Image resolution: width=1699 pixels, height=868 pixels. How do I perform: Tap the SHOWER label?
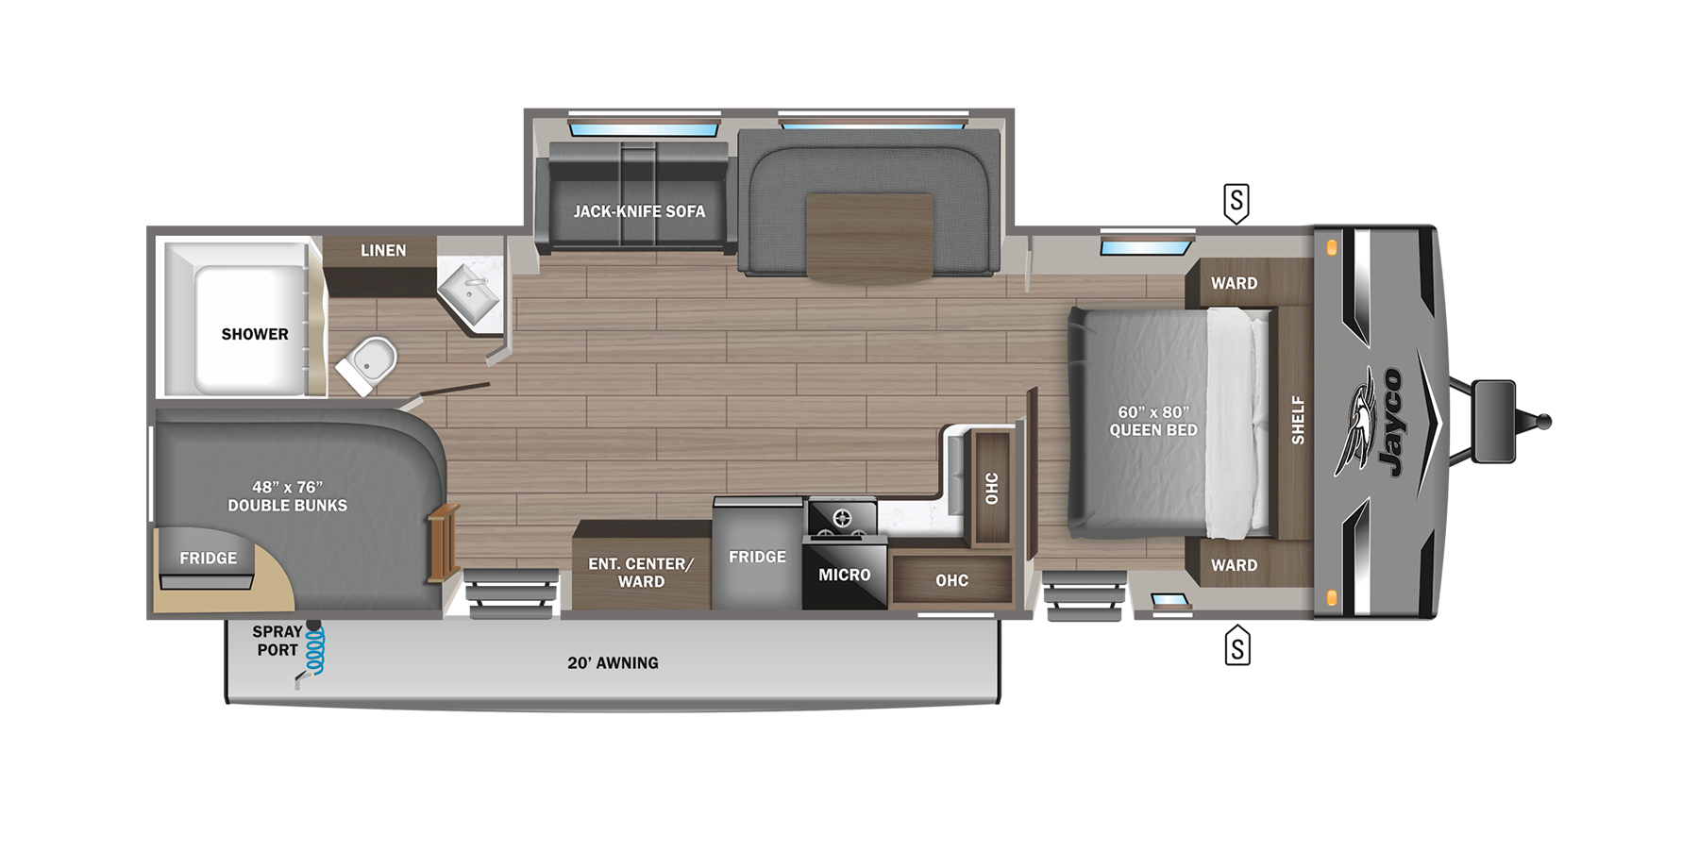[x=255, y=334]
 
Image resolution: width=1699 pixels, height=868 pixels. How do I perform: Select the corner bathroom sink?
[x=470, y=294]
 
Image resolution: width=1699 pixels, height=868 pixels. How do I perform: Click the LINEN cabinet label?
[x=383, y=250]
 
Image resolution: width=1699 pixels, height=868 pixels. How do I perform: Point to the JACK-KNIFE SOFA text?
[x=639, y=211]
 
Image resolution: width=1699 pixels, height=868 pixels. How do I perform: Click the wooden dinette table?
[x=869, y=236]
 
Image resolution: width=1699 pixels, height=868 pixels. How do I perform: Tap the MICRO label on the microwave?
[x=844, y=575]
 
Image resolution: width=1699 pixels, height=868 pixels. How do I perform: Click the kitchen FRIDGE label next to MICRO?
[x=757, y=557]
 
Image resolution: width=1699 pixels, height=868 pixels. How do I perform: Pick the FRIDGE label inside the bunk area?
[x=208, y=558]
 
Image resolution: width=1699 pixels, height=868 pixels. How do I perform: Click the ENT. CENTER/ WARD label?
[x=641, y=573]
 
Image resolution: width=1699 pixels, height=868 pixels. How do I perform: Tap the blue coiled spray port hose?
[x=315, y=651]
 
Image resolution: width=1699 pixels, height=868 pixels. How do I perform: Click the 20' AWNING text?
[x=613, y=663]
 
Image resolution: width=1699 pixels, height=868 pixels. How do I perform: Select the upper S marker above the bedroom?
[x=1236, y=202]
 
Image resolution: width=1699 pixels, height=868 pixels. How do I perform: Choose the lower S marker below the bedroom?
[x=1237, y=647]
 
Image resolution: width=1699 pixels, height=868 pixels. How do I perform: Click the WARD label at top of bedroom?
[x=1234, y=283]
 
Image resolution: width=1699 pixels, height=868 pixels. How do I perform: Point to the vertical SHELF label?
[x=1298, y=420]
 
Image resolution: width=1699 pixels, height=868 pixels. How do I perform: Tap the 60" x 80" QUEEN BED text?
[x=1152, y=421]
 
